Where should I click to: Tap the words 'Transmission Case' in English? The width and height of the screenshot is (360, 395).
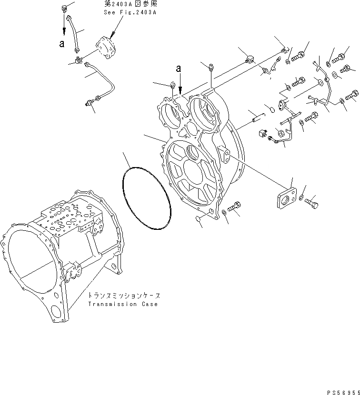pos(122,304)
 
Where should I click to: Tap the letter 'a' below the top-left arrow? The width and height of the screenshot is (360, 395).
pos(61,44)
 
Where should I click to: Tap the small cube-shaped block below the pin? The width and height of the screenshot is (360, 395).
pos(261,133)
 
